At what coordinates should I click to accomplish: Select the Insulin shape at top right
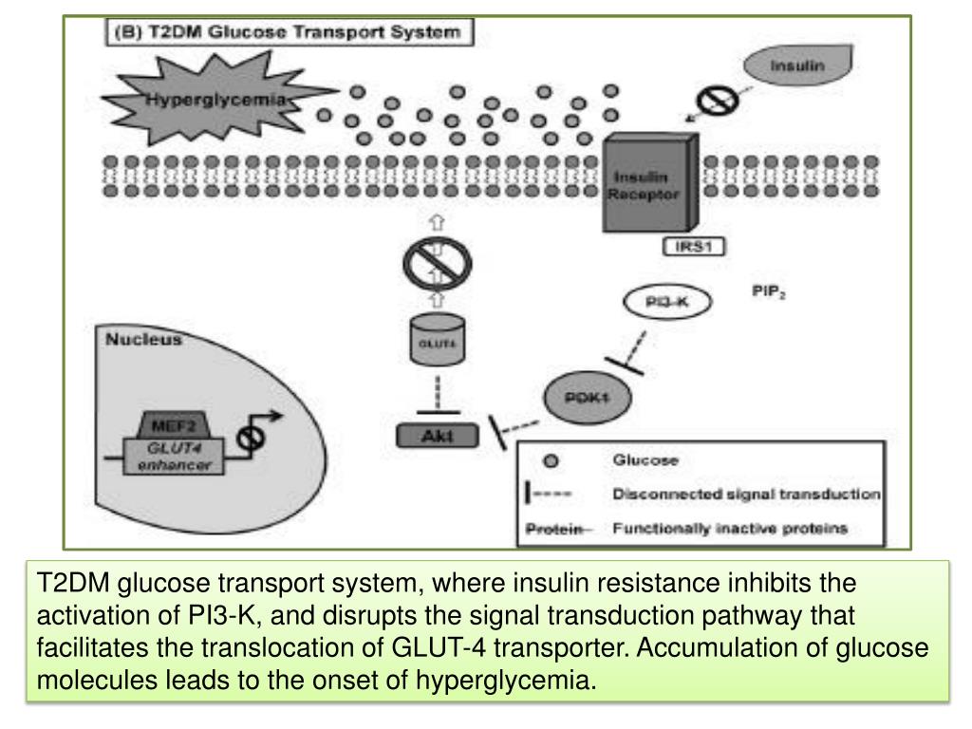[796, 69]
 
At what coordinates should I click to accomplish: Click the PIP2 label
[768, 294]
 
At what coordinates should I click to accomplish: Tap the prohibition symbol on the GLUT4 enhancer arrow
[252, 440]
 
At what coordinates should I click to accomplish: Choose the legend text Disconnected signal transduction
[747, 495]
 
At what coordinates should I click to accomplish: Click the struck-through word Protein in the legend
[551, 529]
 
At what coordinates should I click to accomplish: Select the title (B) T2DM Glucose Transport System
[288, 30]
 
